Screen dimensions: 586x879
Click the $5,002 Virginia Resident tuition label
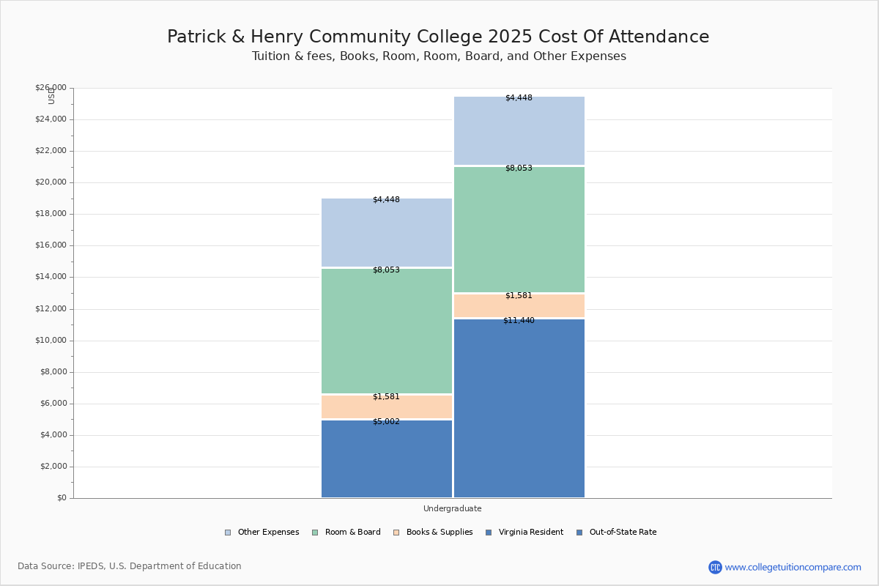coord(386,422)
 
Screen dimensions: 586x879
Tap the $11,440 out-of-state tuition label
coord(519,321)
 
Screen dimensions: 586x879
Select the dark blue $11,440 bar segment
coord(519,410)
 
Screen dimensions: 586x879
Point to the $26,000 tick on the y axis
coord(51,88)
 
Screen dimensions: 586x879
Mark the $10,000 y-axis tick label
coord(51,341)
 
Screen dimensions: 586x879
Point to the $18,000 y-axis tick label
coord(51,214)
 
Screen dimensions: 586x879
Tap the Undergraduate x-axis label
coord(452,508)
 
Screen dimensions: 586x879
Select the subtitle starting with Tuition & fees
coord(439,56)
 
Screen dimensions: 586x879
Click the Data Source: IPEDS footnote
coord(130,566)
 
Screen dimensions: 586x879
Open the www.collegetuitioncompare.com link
coord(793,567)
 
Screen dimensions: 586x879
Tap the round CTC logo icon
coord(715,567)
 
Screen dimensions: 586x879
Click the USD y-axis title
coord(51,96)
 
